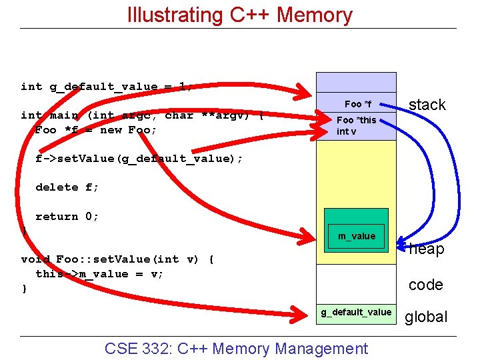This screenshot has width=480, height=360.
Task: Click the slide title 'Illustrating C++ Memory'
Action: (239, 15)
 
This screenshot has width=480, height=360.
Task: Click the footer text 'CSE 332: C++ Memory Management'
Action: (236, 349)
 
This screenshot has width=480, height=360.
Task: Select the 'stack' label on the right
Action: (427, 105)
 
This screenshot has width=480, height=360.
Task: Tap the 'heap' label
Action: (427, 250)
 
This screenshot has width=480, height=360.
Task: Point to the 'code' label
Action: (425, 285)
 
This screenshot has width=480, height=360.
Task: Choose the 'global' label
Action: (426, 317)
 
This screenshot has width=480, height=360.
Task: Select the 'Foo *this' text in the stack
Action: (356, 120)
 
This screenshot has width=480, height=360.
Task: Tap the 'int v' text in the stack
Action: (347, 131)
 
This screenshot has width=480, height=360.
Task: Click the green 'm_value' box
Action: (356, 236)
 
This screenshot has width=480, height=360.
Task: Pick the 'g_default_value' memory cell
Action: (356, 312)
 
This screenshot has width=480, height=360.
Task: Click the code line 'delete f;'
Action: (67, 187)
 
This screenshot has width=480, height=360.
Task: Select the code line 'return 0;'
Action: (67, 217)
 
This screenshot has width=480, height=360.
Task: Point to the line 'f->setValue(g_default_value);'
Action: (139, 159)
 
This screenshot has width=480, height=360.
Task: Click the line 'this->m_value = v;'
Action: (99, 274)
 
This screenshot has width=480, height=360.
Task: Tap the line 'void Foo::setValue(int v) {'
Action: (117, 259)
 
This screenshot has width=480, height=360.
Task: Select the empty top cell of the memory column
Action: (356, 82)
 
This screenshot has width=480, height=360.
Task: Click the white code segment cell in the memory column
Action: (356, 283)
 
